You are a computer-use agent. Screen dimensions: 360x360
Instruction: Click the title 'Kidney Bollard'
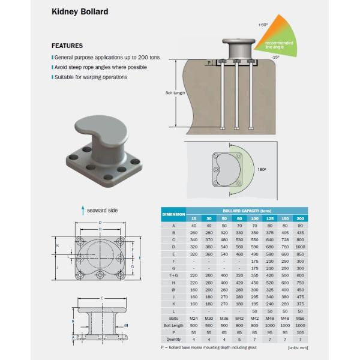coord(80,11)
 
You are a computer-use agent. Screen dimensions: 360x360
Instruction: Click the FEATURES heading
coord(67,46)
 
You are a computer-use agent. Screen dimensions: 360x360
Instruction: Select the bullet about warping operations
coord(91,77)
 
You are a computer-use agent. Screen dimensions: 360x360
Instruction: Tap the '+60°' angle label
coord(262,25)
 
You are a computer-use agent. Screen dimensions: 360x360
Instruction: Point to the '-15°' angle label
coord(274,56)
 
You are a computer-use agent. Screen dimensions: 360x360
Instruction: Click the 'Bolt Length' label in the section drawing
coord(175,93)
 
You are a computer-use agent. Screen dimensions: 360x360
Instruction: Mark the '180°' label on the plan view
coord(261,170)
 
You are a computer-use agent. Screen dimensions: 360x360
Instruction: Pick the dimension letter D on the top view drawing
coord(100,223)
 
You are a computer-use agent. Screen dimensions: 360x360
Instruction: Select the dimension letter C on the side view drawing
coord(102,298)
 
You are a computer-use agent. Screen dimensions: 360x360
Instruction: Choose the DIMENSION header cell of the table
coord(173,214)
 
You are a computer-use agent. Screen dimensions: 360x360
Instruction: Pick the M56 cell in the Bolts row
coord(300,318)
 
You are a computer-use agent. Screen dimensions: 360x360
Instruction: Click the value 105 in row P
coord(300,332)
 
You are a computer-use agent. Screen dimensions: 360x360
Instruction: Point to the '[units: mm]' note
coord(298,348)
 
